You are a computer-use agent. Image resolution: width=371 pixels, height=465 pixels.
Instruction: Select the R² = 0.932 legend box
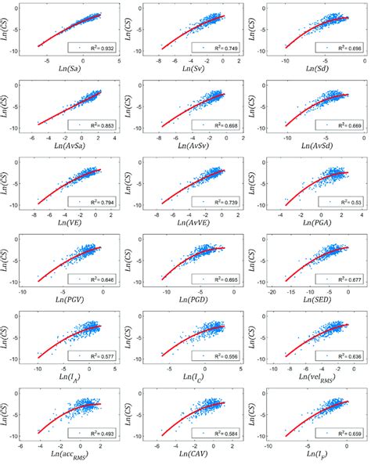[92, 47]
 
